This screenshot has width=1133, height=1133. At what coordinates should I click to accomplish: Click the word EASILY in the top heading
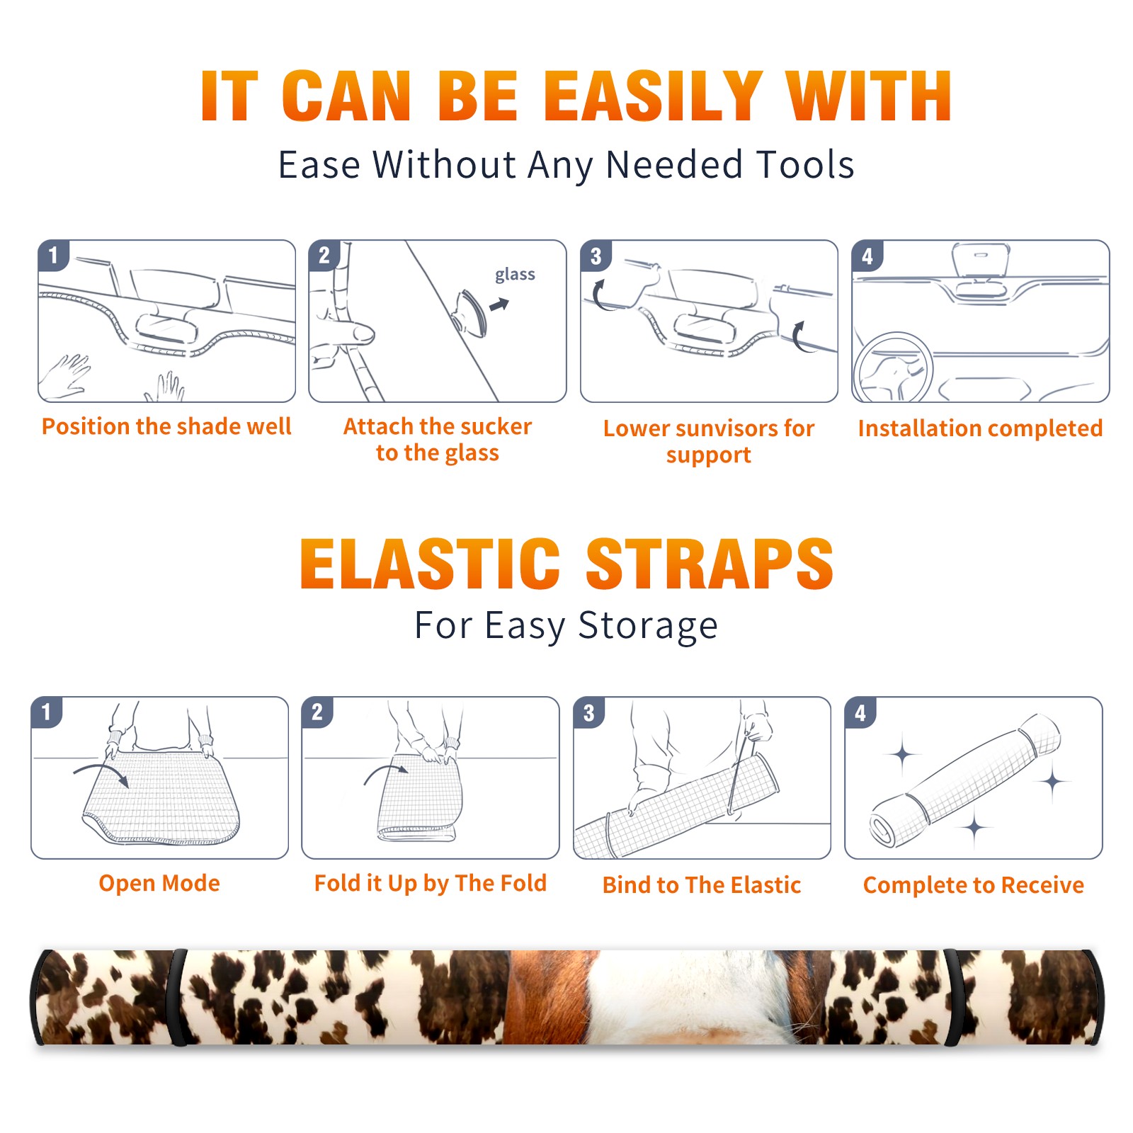(653, 96)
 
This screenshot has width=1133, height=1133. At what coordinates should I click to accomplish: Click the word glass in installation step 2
(515, 275)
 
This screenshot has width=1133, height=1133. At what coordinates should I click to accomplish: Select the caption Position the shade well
(166, 427)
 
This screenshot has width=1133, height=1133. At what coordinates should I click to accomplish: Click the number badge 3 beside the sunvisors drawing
(595, 256)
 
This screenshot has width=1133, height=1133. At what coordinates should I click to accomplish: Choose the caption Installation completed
(980, 428)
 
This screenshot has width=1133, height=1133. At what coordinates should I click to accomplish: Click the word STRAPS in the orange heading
(710, 564)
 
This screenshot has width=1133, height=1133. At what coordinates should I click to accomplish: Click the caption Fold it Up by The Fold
(431, 884)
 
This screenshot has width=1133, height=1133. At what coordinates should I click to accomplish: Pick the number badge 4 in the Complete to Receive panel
(860, 712)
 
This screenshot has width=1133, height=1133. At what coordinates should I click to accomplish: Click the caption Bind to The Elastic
(702, 885)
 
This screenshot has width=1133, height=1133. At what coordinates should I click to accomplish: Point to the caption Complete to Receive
(974, 885)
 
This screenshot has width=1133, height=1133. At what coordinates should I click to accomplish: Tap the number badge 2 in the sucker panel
(324, 256)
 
